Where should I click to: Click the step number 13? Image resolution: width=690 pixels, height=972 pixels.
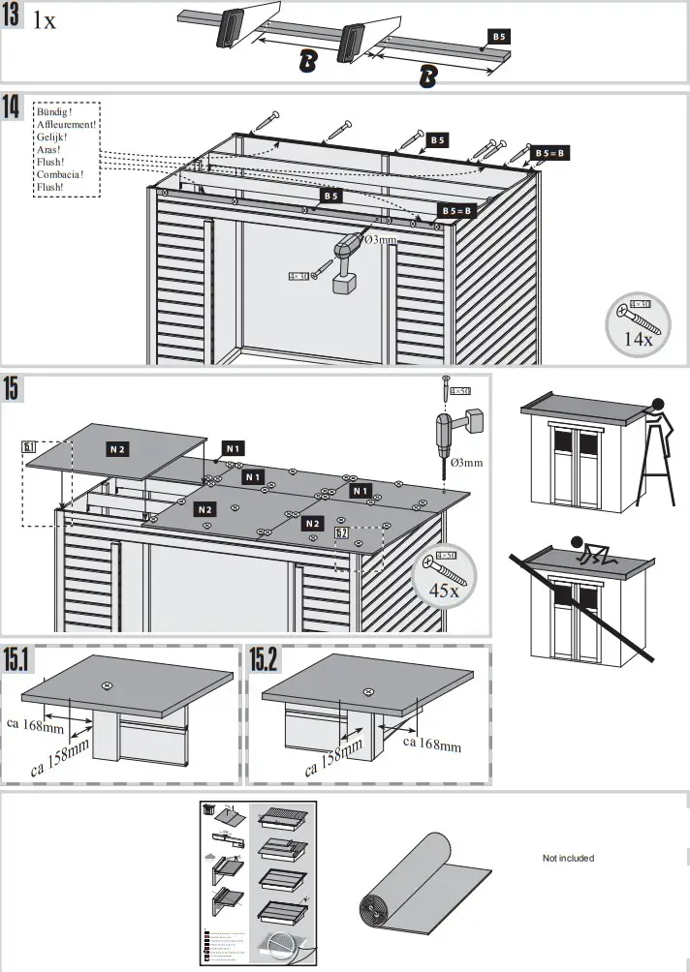(14, 17)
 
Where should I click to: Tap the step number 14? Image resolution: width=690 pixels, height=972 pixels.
(13, 107)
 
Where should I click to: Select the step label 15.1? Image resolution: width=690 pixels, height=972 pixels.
(18, 659)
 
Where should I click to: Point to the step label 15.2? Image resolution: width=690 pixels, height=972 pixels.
(265, 659)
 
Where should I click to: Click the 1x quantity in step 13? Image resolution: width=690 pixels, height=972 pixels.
(45, 20)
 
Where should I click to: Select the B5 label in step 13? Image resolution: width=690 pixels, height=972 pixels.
(498, 36)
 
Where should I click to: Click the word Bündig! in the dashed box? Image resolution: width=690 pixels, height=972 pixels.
(54, 112)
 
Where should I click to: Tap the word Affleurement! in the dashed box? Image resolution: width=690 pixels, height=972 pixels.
(66, 125)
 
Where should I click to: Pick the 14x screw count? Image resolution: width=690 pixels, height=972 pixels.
(639, 340)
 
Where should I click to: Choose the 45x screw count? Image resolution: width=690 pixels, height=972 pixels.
(444, 591)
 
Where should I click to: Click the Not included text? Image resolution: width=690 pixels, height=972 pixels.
(568, 858)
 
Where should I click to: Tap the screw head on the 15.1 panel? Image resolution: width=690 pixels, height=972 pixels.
(107, 685)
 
